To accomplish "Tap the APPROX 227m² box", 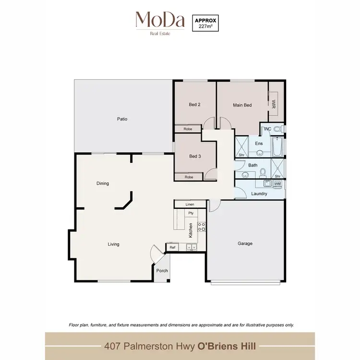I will [x=205, y=23].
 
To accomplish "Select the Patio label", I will [x=122, y=119].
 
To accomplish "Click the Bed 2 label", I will [x=194, y=105].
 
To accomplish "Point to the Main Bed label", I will [x=242, y=105].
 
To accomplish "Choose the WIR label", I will [x=274, y=104].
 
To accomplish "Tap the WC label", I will [x=268, y=129].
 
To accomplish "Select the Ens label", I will [x=259, y=144].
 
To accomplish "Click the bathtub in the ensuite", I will [x=277, y=147].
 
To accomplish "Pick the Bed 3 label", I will [x=194, y=156].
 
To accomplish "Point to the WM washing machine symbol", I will [x=277, y=184].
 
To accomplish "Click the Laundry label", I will [x=259, y=193].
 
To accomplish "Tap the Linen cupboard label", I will [x=190, y=204].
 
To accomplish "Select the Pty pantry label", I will [x=191, y=213].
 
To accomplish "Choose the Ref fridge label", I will [x=172, y=247].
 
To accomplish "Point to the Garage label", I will [x=245, y=243].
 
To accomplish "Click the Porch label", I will [x=162, y=271].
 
